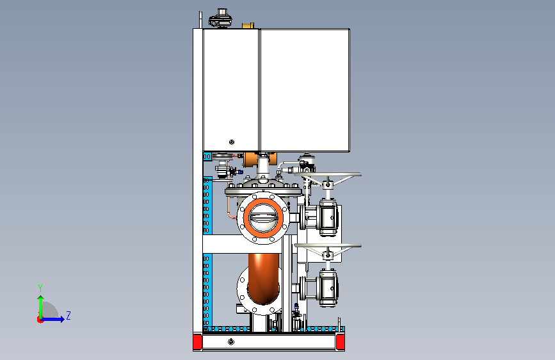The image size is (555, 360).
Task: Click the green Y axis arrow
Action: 40,304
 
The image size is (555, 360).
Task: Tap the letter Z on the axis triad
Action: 68,315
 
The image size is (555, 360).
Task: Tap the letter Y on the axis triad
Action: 40,288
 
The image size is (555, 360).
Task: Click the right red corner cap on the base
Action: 341,343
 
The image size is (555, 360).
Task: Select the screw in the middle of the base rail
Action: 230,343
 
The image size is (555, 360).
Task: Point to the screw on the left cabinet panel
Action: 232,142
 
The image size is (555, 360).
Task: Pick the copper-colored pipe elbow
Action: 263,275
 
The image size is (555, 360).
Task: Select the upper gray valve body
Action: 328,215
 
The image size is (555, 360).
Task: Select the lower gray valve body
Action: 328,286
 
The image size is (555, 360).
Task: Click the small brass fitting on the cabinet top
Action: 248,26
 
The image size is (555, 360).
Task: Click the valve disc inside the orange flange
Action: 262,218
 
